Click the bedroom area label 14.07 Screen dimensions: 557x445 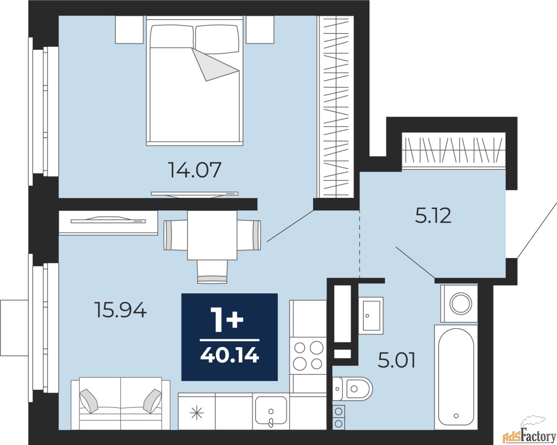[195, 170]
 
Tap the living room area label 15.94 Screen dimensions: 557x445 [121, 310]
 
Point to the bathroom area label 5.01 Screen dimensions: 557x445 [396, 360]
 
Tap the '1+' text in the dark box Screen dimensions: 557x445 [227, 320]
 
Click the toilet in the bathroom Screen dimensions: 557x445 [352, 389]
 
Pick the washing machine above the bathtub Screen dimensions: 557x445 [459, 304]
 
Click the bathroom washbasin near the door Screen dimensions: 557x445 [371, 315]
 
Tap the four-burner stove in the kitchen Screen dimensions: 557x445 [308, 355]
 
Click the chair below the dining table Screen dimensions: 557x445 [212, 272]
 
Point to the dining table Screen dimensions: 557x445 [212, 235]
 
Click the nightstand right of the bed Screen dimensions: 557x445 [260, 30]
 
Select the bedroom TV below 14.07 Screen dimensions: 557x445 [195, 194]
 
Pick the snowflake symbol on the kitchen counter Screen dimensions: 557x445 [197, 413]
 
